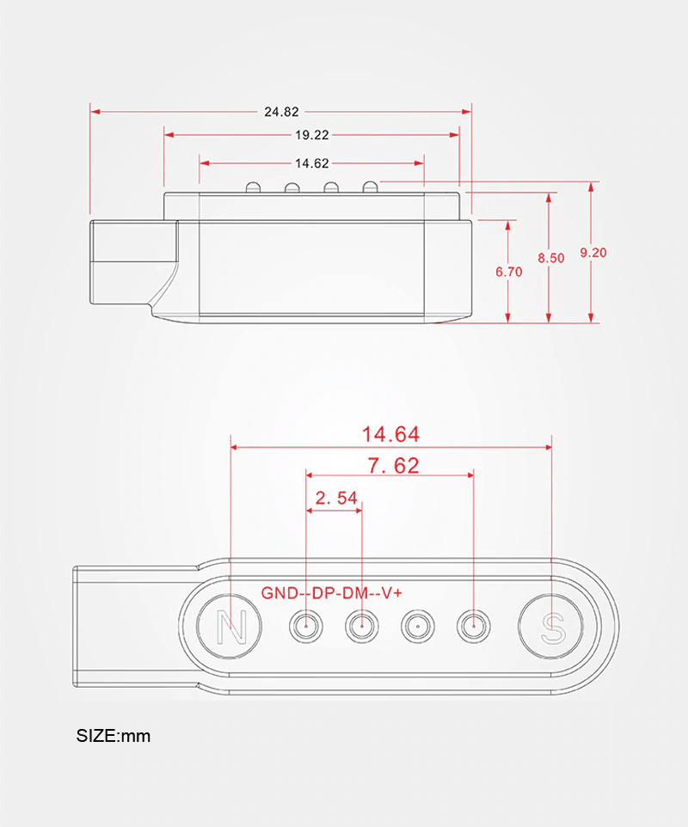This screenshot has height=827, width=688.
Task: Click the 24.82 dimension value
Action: (282, 112)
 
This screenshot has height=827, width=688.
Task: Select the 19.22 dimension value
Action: (312, 135)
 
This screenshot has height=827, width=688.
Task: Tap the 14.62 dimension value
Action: (312, 163)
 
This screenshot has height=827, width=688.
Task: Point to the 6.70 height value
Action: (509, 272)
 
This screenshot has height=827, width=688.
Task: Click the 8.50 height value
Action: (551, 258)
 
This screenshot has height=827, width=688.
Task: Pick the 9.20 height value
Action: (593, 252)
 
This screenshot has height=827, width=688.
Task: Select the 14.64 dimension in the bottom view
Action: (390, 434)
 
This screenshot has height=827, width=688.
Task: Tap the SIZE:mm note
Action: (114, 736)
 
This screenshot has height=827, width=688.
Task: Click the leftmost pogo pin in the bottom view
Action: (307, 628)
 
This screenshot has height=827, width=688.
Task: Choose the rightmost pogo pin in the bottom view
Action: (474, 628)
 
